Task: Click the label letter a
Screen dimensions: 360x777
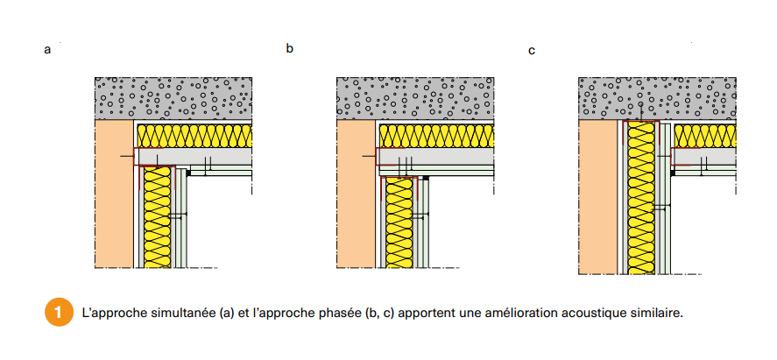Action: pyautogui.click(x=47, y=51)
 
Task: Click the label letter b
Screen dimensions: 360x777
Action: pyautogui.click(x=289, y=48)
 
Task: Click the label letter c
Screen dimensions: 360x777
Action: pyautogui.click(x=532, y=51)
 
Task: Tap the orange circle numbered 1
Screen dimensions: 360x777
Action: pyautogui.click(x=57, y=311)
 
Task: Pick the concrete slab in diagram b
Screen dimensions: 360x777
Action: pyautogui.click(x=415, y=97)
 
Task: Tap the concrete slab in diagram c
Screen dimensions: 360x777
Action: pyautogui.click(x=657, y=97)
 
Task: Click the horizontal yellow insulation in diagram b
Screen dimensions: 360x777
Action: pyautogui.click(x=437, y=136)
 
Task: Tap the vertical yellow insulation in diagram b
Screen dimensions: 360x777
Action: pyautogui.click(x=399, y=223)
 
